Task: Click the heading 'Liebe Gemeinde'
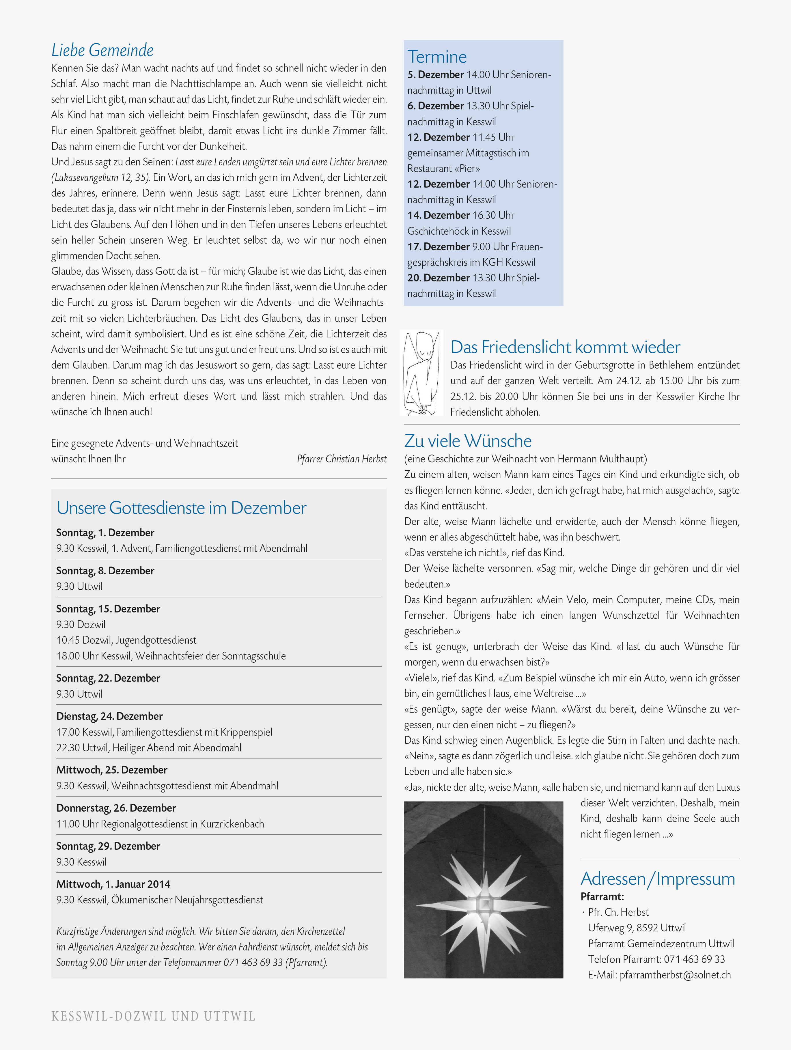click(x=102, y=50)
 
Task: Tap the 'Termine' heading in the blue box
click(x=437, y=57)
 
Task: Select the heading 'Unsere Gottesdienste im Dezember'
click(x=181, y=508)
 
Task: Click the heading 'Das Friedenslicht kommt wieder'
click(x=565, y=347)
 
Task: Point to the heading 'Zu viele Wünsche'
click(x=468, y=441)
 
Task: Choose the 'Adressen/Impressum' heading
click(x=658, y=879)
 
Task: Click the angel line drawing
click(x=421, y=373)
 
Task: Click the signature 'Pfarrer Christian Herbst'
click(x=342, y=459)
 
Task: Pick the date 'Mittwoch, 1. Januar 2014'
click(x=113, y=884)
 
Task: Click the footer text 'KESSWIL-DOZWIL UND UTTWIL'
click(x=153, y=1016)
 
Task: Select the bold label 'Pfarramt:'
click(x=602, y=897)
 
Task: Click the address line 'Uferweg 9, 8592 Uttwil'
click(x=637, y=928)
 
